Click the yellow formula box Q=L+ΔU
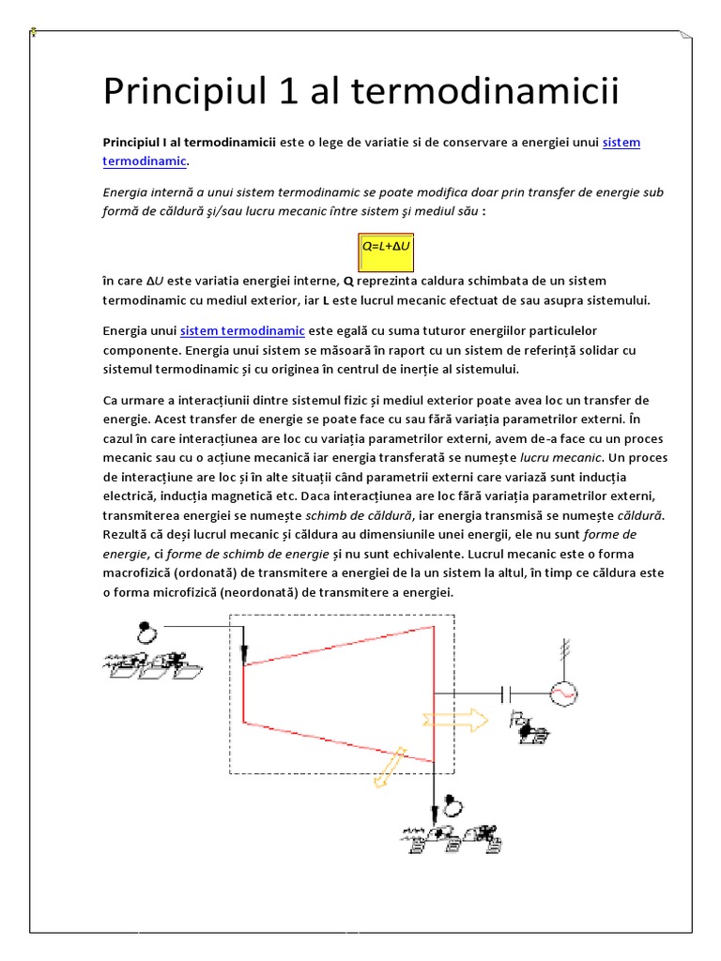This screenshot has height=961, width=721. [388, 247]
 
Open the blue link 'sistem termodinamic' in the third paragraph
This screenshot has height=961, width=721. [242, 331]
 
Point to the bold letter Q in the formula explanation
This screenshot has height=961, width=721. [348, 281]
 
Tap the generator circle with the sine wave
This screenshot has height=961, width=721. [563, 693]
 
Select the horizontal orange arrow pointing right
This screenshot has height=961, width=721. [454, 720]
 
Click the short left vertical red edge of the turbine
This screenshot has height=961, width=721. [244, 693]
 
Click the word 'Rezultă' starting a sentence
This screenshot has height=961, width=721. [126, 534]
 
